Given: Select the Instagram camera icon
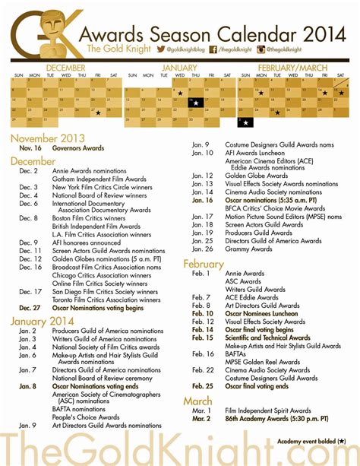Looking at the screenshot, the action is point(261,49).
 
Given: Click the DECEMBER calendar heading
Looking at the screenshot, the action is point(65,68).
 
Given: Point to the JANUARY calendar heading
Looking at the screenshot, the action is point(179,68).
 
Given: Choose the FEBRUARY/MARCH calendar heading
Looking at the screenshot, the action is point(292,68).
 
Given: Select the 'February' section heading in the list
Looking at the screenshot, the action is point(204,264).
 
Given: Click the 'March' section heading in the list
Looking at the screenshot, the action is point(197,400).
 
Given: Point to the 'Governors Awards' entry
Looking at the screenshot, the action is point(78,149).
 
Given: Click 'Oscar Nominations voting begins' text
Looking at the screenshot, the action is point(96,308).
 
